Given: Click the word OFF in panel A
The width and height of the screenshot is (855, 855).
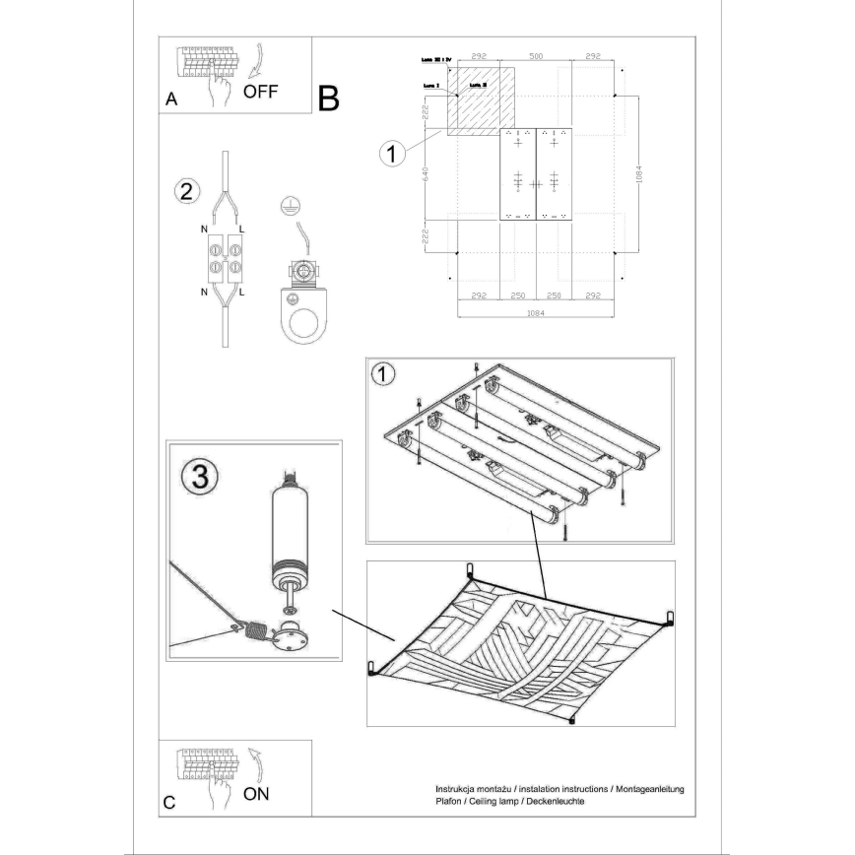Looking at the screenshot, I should pos(261,92).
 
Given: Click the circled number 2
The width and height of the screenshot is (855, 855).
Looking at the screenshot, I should pos(183,191).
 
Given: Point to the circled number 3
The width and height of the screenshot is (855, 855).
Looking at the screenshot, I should pos(199,478).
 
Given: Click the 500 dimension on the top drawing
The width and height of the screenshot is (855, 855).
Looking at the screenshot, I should pos(535,57).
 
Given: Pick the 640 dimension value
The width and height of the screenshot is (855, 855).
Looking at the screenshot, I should pos(425,175).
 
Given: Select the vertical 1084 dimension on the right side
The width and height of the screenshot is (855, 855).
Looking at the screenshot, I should pos(639,174).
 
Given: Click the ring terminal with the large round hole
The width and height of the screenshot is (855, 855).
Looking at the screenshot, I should pos(307,319).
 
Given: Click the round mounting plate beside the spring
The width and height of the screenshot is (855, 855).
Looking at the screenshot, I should pos(291,638).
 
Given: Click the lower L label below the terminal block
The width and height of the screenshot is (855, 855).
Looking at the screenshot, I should pos(241,293).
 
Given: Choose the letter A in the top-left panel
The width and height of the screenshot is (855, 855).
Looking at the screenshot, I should pos(171,101).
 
